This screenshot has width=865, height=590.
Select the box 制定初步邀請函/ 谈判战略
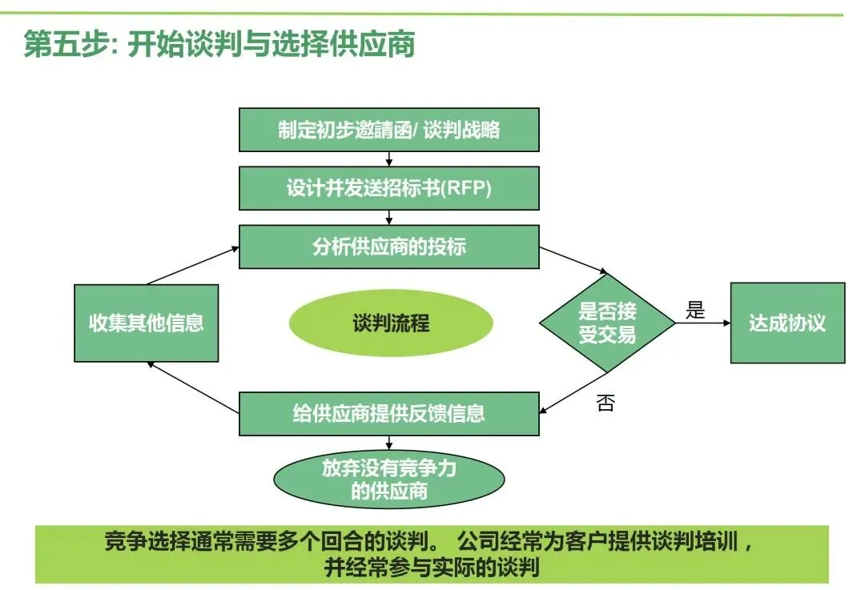[388, 130]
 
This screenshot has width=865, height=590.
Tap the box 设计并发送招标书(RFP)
[388, 189]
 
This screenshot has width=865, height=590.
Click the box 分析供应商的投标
[388, 247]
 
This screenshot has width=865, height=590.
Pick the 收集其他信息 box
[146, 323]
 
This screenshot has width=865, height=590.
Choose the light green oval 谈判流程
[391, 323]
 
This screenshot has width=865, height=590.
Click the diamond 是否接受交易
[607, 323]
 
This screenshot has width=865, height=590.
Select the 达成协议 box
[787, 323]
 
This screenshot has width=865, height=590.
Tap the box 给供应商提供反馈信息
[388, 413]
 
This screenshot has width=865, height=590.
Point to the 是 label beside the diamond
[695, 311]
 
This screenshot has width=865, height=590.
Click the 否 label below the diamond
[605, 403]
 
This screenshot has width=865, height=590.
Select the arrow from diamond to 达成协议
[702, 323]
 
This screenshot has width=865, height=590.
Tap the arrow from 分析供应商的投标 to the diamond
[573, 261]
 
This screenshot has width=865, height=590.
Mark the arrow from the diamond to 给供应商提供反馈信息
[573, 393]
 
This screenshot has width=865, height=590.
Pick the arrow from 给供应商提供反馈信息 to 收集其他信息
[192, 387]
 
